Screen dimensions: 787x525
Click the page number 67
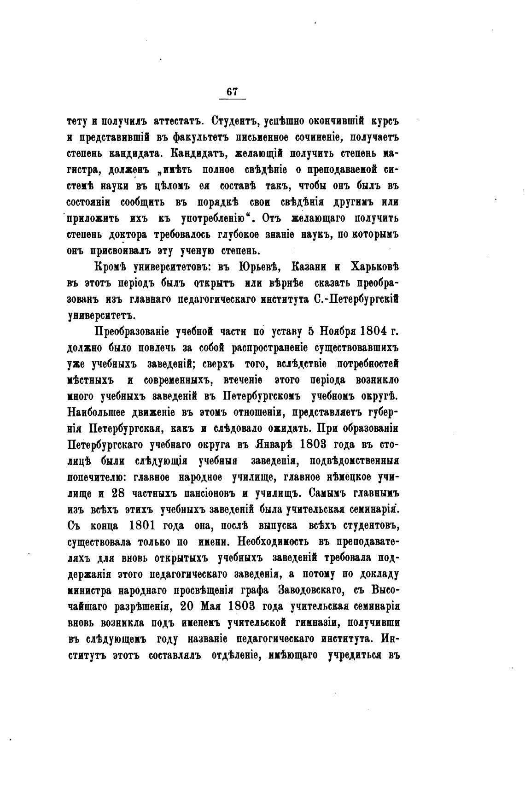coord(232,92)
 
